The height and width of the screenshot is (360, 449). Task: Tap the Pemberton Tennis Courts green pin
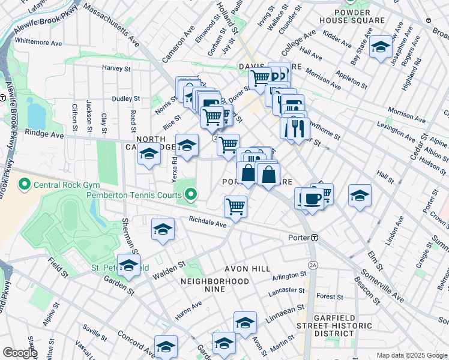point(191,194)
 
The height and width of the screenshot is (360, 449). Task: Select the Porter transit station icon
point(314,238)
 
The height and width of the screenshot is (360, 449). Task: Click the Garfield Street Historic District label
point(334,325)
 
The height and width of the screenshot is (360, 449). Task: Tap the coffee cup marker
point(311,199)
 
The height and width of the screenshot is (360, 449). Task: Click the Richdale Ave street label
point(207,223)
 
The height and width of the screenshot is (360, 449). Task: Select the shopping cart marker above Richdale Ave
point(235,206)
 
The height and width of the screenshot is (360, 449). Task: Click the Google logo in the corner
point(20,353)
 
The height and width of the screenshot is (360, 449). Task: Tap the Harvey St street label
point(116,68)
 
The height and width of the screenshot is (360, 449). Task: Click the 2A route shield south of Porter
point(312,265)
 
